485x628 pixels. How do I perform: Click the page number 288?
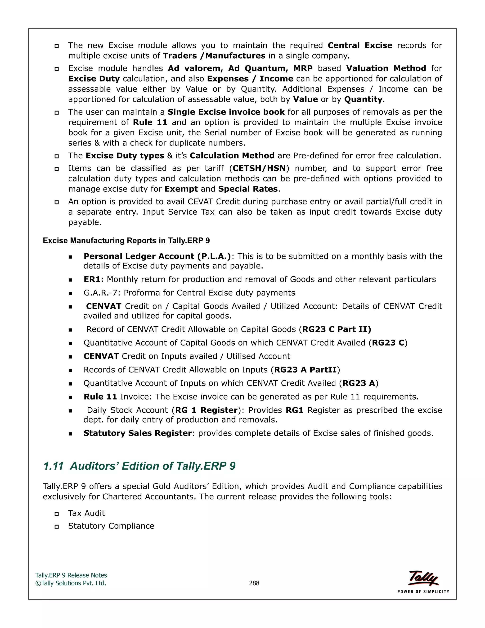tap(254, 583)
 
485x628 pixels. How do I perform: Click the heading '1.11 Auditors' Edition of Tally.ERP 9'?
tap(139, 466)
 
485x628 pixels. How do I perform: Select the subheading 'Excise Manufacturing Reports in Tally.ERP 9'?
tap(126, 240)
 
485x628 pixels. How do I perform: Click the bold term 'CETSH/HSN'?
tap(259, 168)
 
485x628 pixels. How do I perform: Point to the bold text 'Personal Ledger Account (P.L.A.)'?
tap(157, 256)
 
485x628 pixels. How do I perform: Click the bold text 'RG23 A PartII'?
tap(305, 369)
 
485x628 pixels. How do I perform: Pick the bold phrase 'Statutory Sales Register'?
tap(137, 433)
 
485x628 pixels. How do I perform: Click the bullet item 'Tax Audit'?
tap(86, 513)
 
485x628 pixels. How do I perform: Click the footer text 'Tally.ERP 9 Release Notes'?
tap(71, 575)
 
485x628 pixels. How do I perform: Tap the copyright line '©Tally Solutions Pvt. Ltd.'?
tap(71, 583)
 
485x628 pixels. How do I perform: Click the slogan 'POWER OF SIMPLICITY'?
tap(423, 592)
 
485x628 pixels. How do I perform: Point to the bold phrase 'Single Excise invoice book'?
tap(226, 112)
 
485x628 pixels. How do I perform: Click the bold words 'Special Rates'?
tap(248, 189)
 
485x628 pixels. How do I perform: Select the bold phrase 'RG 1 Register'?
tap(206, 410)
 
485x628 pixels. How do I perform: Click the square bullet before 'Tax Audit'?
tap(57, 514)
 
